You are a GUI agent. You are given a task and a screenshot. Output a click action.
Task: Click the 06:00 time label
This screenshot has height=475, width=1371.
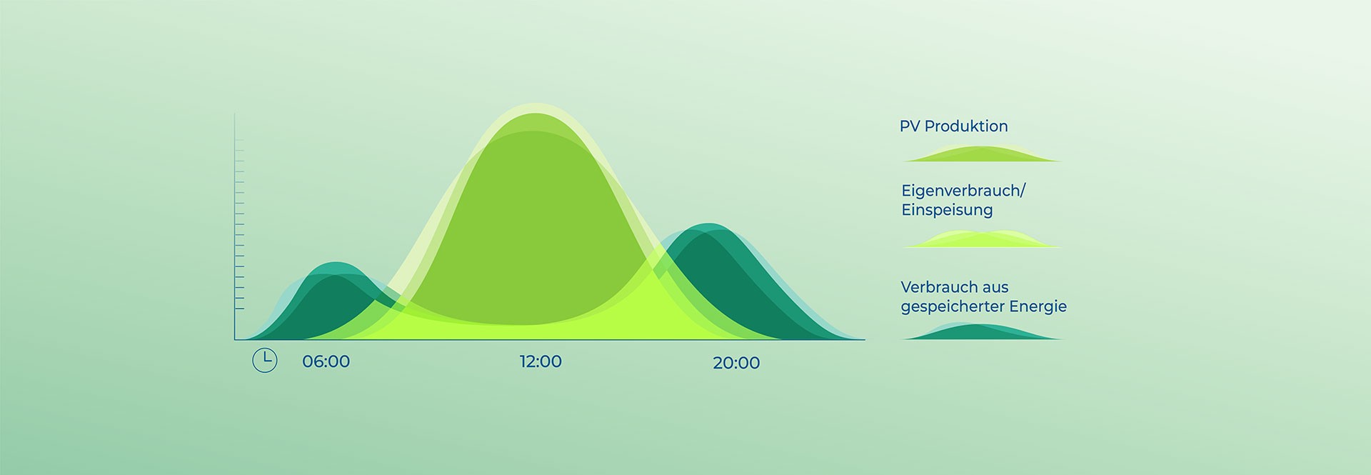pyautogui.click(x=326, y=361)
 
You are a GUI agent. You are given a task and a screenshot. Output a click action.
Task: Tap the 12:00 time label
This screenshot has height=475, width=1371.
pyautogui.click(x=541, y=361)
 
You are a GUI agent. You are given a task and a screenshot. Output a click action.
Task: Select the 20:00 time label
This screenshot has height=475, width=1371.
pyautogui.click(x=736, y=363)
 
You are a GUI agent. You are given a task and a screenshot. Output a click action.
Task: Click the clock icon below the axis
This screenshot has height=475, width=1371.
pyautogui.click(x=265, y=360)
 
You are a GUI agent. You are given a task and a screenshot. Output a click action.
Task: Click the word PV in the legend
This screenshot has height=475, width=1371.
pyautogui.click(x=909, y=126)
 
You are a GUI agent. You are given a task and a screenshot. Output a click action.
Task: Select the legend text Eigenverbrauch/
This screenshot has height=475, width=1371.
pyautogui.click(x=963, y=191)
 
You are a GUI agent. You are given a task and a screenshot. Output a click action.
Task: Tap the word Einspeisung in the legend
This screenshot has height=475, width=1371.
pyautogui.click(x=947, y=210)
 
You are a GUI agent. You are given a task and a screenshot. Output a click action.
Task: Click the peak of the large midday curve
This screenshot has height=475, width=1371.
pyautogui.click(x=536, y=107)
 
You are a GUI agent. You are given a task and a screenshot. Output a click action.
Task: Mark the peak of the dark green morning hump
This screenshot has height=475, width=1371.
pyautogui.click(x=336, y=266)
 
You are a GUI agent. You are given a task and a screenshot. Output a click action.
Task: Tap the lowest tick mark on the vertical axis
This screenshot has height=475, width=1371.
pyautogui.click(x=239, y=309)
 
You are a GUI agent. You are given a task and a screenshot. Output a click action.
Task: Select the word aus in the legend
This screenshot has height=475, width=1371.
pyautogui.click(x=997, y=287)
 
